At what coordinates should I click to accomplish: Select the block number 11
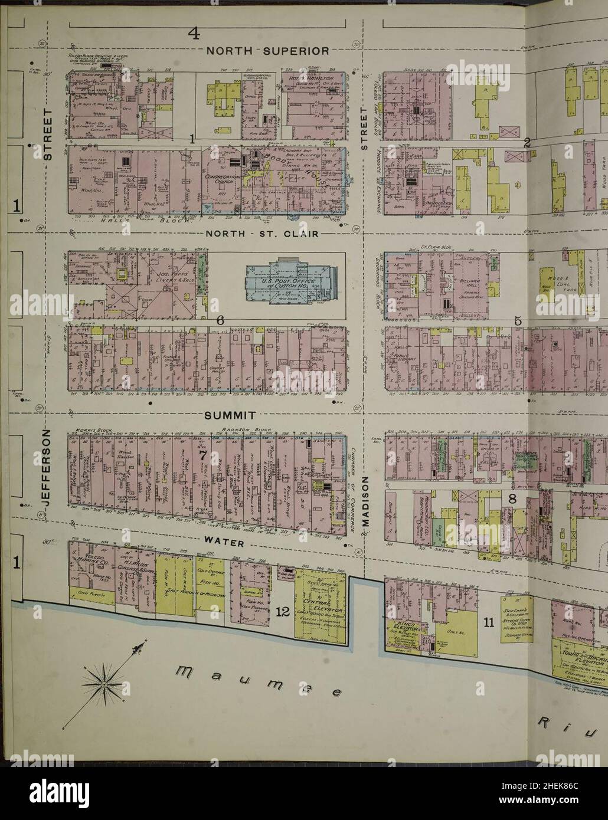pos(488,622)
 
